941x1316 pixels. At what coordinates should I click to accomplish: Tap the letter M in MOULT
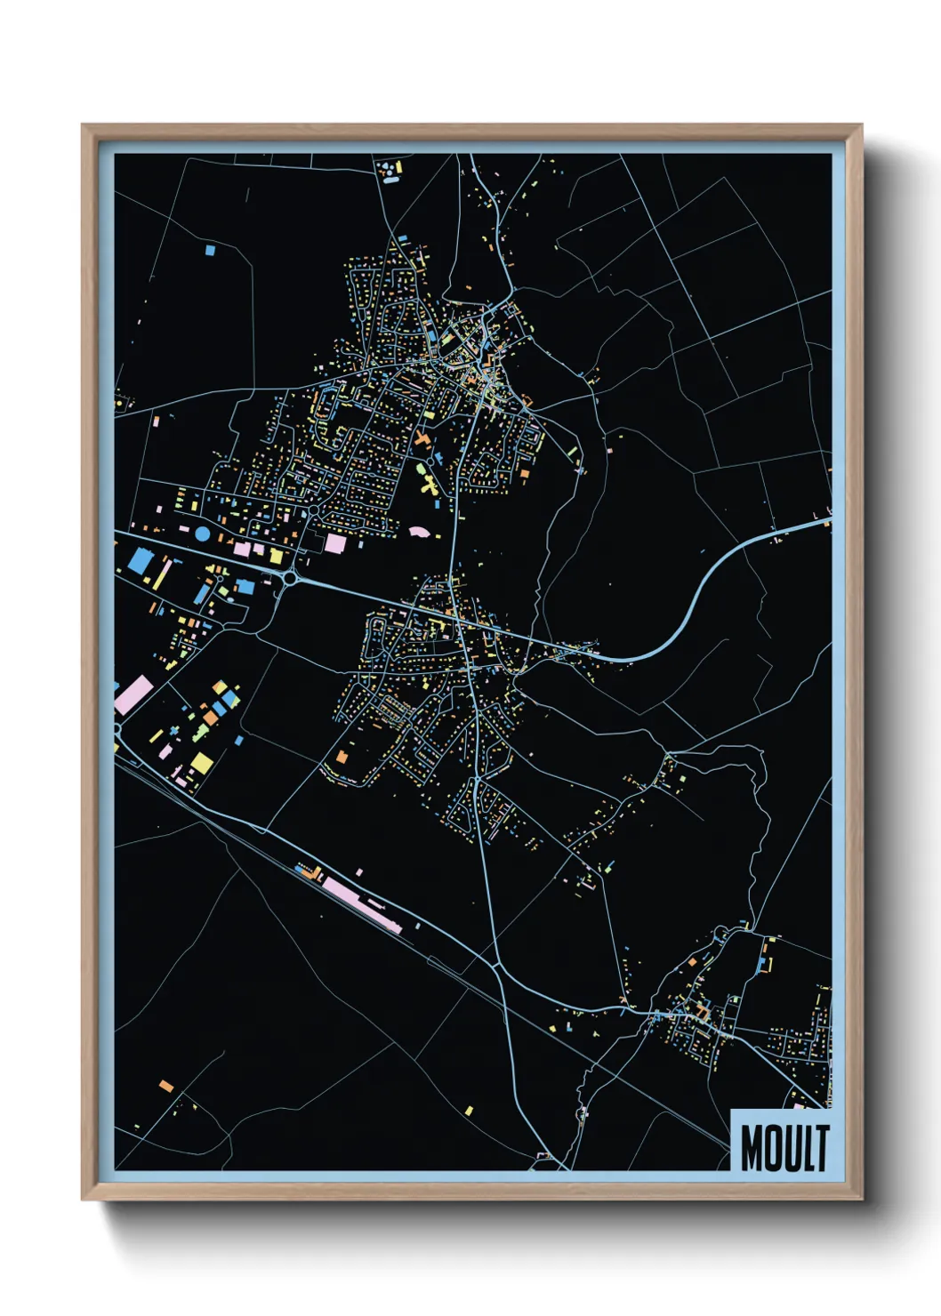coord(752,1148)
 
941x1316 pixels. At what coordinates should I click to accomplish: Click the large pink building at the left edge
coord(133,694)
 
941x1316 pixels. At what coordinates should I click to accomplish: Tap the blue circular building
coord(202,534)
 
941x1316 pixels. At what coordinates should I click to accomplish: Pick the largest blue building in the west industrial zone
coord(141,561)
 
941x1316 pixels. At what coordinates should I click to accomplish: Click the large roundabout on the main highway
coord(290,578)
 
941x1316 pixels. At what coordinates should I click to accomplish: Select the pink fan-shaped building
coord(419,532)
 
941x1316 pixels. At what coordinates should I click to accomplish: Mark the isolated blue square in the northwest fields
coord(210,250)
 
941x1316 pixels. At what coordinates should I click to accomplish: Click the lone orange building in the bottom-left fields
coord(165,1085)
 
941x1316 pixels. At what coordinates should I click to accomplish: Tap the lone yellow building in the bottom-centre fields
coord(469,1110)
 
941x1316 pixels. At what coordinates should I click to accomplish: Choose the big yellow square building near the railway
coord(202,763)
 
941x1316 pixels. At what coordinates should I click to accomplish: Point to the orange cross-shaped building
coord(422,438)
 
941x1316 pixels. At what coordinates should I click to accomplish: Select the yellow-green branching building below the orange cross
coord(429,485)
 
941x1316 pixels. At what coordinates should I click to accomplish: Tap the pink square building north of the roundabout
coord(335,542)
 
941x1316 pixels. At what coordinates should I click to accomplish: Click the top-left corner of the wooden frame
coord(84,126)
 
